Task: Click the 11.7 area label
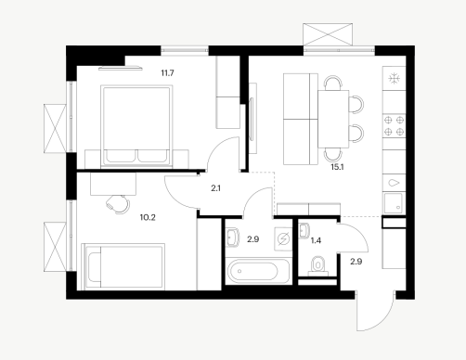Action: click(x=167, y=73)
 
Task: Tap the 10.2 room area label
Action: click(x=148, y=217)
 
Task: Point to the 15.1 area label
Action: click(x=337, y=167)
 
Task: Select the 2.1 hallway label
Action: click(x=215, y=188)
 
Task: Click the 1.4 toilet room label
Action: click(x=316, y=240)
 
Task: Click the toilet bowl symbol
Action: click(x=317, y=265)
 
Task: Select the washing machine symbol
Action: click(x=283, y=238)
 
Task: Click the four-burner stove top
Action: click(x=394, y=126)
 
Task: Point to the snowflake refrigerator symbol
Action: click(x=394, y=79)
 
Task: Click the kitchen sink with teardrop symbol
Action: click(x=394, y=183)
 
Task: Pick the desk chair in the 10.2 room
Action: click(x=118, y=204)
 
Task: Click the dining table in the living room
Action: click(x=333, y=119)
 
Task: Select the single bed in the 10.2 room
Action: click(x=123, y=266)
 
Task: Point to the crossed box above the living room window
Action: click(x=328, y=34)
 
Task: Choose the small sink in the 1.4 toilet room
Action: click(x=304, y=231)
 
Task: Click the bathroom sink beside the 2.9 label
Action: click(x=232, y=238)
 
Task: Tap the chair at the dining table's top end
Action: click(x=333, y=83)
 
